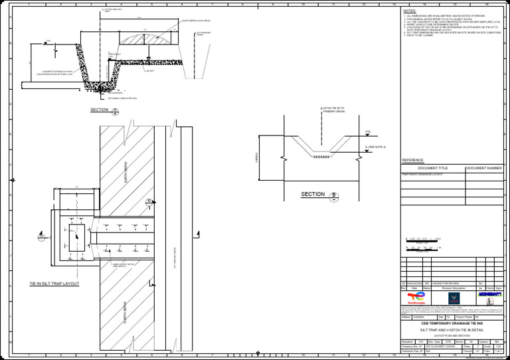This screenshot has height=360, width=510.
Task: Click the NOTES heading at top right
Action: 410,11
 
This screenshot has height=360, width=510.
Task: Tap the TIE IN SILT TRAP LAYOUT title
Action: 54,284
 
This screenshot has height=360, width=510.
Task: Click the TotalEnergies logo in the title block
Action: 416,296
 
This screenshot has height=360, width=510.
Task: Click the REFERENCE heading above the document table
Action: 413,160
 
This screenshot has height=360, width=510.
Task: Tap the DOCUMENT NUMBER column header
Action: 484,169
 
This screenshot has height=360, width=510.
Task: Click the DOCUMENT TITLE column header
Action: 433,169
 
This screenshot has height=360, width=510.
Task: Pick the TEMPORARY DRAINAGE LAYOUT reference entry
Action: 422,175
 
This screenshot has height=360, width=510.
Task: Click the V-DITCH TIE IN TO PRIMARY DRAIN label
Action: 333,110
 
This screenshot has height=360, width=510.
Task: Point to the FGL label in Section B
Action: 368,132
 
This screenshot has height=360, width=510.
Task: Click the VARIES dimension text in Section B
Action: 256,158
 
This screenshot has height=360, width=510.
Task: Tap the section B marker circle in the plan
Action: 149,202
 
